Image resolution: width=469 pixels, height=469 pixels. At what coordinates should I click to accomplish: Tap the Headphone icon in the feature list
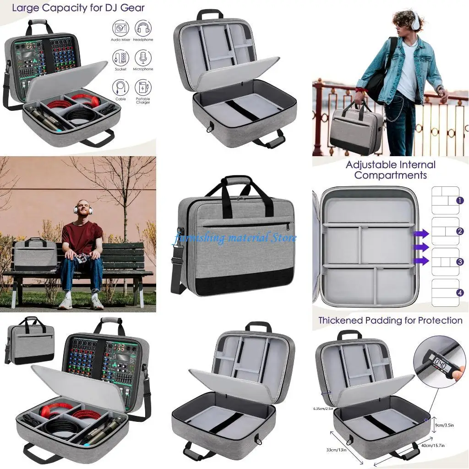143,27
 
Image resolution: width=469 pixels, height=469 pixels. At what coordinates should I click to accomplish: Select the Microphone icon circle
143,57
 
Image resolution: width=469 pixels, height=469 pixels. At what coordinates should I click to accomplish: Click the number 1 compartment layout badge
460,201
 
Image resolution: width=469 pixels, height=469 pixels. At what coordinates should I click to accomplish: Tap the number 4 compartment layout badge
460,292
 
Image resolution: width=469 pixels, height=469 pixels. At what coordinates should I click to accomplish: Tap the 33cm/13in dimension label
336,449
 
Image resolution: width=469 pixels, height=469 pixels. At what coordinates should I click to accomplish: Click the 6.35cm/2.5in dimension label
323,409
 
